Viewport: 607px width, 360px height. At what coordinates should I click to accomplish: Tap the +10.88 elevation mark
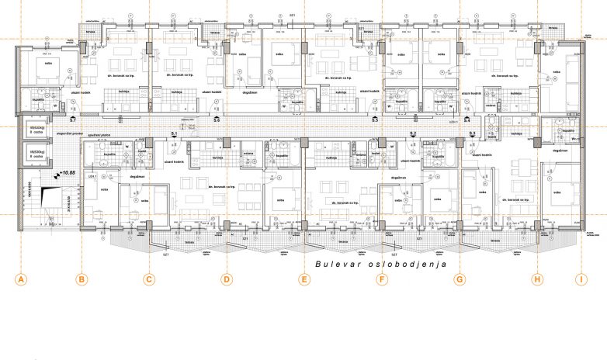click(69, 175)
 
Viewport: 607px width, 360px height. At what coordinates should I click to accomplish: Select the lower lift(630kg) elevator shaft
click(35, 153)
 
